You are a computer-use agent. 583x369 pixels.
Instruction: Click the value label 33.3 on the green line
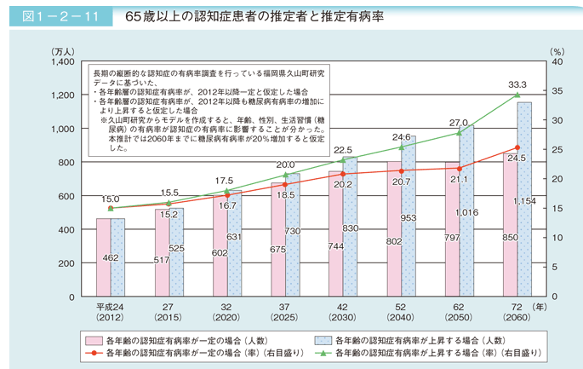point(517,84)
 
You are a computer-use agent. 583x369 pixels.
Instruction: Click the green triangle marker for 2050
point(460,132)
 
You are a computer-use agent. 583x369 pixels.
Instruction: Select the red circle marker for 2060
point(517,147)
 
